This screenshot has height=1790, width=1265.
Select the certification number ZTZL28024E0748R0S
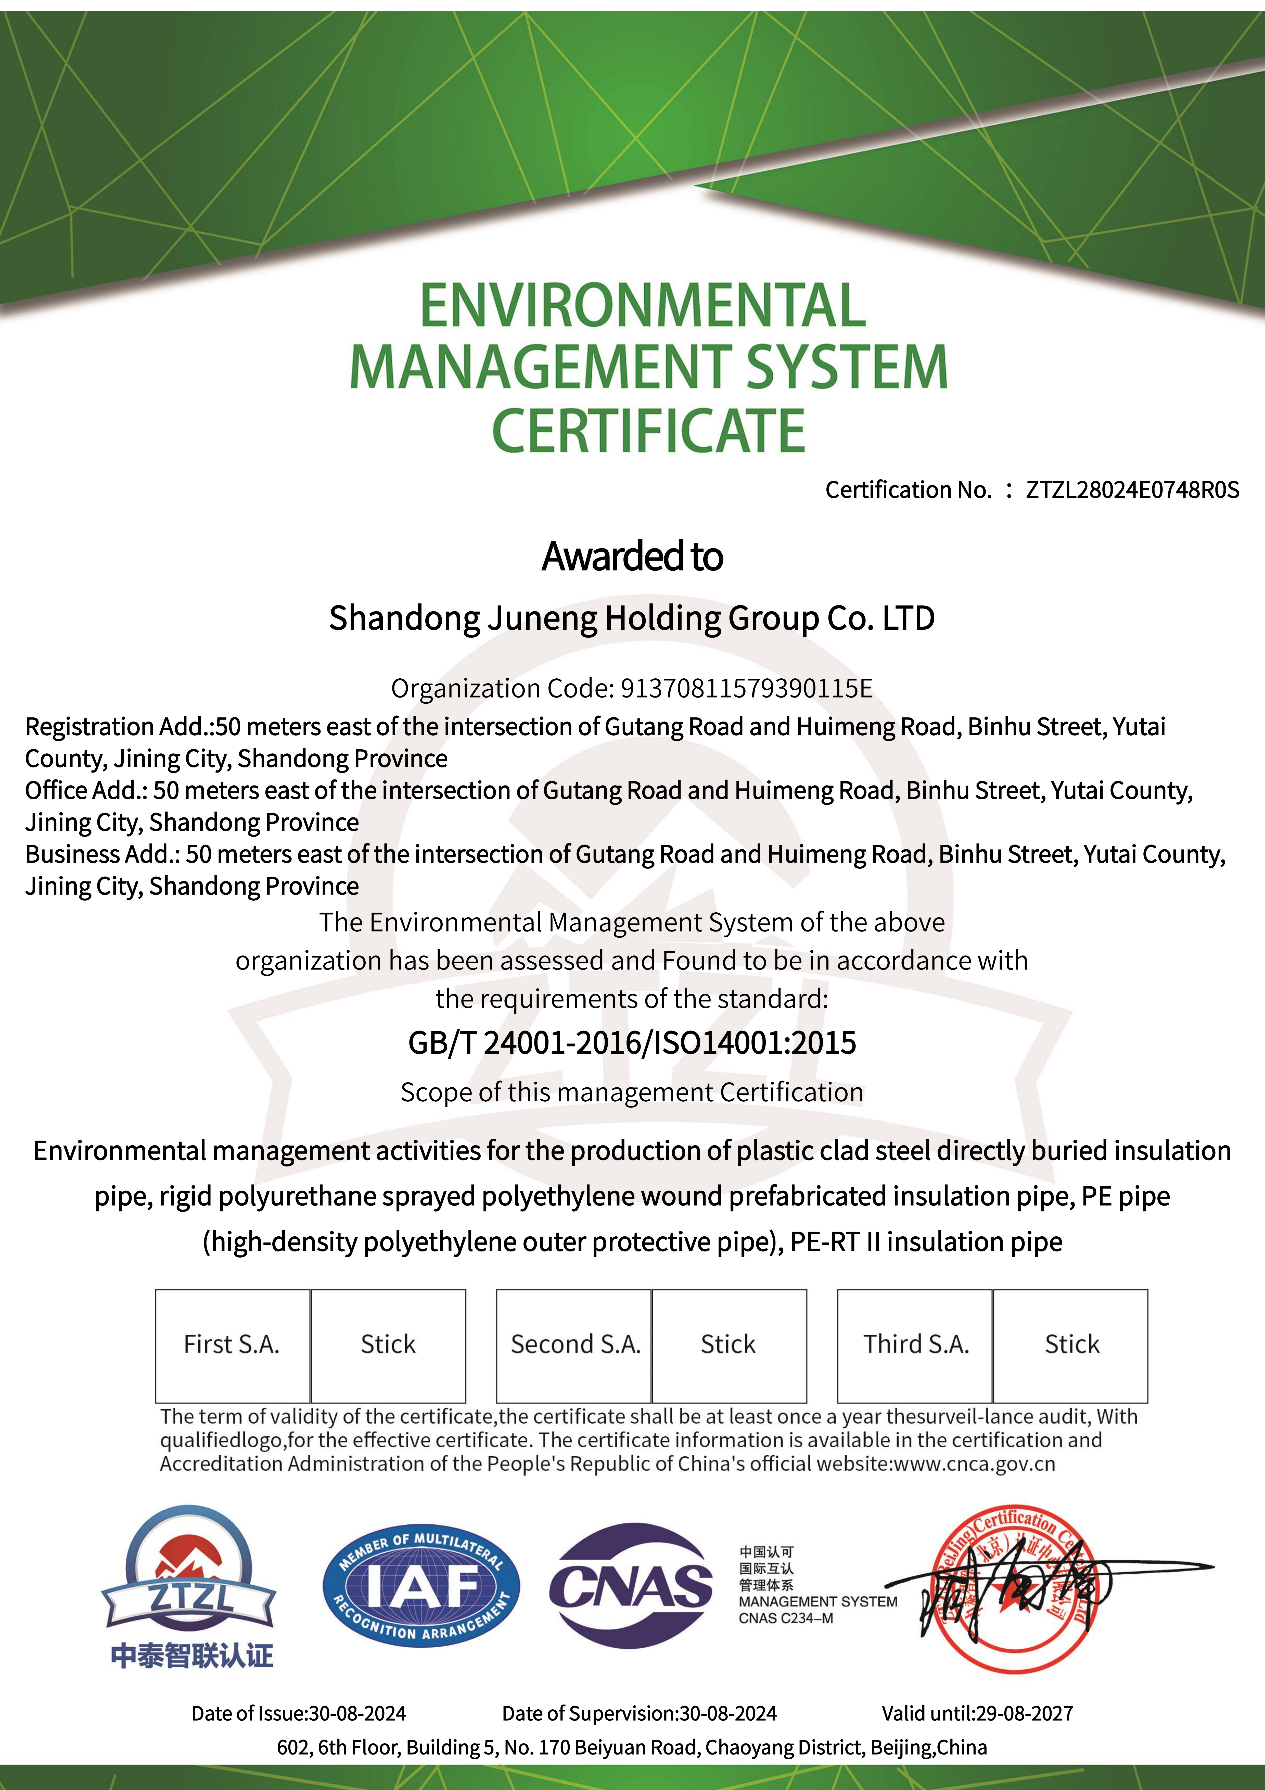coord(1132,490)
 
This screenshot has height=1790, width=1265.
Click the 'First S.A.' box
coord(232,1345)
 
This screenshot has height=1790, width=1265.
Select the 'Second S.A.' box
coord(574,1345)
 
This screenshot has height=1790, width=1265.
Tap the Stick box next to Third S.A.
coord(1071,1345)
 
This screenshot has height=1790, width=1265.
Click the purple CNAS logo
coord(631,1586)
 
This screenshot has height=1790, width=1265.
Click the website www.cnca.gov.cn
coord(974,1463)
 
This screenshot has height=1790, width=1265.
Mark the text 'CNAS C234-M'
coord(786,1619)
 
